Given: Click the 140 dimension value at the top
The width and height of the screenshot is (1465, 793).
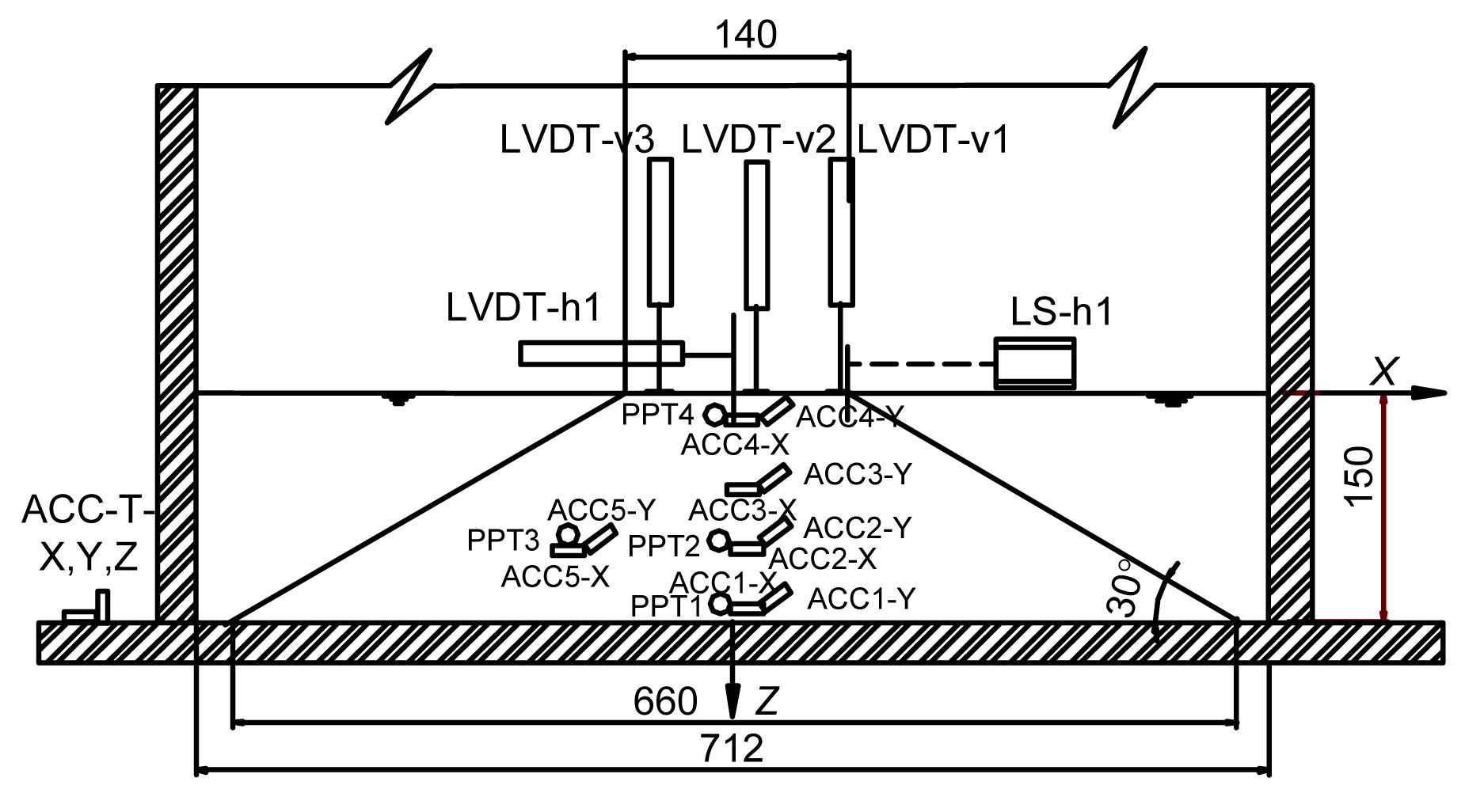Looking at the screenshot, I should (x=745, y=35).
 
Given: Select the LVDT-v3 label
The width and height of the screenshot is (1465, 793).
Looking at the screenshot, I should (x=576, y=140).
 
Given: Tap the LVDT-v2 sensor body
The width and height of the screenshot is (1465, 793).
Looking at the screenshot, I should (x=757, y=234).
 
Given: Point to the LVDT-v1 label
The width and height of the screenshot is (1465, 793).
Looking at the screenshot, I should (x=933, y=140).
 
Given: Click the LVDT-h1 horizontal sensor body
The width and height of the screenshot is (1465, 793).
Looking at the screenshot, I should (x=601, y=353).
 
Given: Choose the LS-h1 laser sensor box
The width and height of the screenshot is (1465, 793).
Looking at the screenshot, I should (x=1034, y=363).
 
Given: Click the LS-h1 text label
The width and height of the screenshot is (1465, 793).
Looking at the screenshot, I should (x=1061, y=313).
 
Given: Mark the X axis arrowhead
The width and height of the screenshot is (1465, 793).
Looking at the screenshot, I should (x=1429, y=393).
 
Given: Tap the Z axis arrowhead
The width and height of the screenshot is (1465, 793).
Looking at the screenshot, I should (x=734, y=701).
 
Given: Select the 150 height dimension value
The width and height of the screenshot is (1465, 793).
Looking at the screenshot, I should (x=1359, y=476).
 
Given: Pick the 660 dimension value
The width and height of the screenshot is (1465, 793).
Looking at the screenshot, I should (x=665, y=701).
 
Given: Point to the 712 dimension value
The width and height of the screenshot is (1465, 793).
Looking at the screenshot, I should (x=732, y=748).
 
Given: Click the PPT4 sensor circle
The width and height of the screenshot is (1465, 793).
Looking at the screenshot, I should (x=714, y=414).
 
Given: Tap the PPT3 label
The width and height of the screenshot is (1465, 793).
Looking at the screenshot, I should (x=503, y=541).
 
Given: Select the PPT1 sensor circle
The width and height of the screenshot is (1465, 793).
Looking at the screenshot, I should (x=720, y=604).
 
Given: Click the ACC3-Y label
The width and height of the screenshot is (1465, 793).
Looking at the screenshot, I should (x=858, y=475).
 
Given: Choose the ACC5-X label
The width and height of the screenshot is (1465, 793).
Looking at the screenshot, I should (x=555, y=577).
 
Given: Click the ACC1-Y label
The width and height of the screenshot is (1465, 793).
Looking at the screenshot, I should (x=861, y=599).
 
